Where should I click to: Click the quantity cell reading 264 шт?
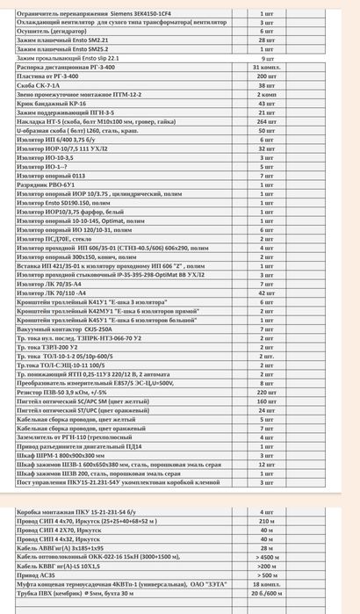(x=267, y=121)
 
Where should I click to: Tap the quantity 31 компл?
(x=267, y=67)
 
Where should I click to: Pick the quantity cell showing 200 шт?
(x=267, y=76)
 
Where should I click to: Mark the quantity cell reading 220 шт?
(x=267, y=392)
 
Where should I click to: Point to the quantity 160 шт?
(x=267, y=401)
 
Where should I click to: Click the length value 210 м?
(x=267, y=521)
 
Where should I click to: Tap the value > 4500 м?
(x=267, y=558)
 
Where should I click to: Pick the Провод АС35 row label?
(x=36, y=575)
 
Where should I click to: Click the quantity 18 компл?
(x=267, y=585)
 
